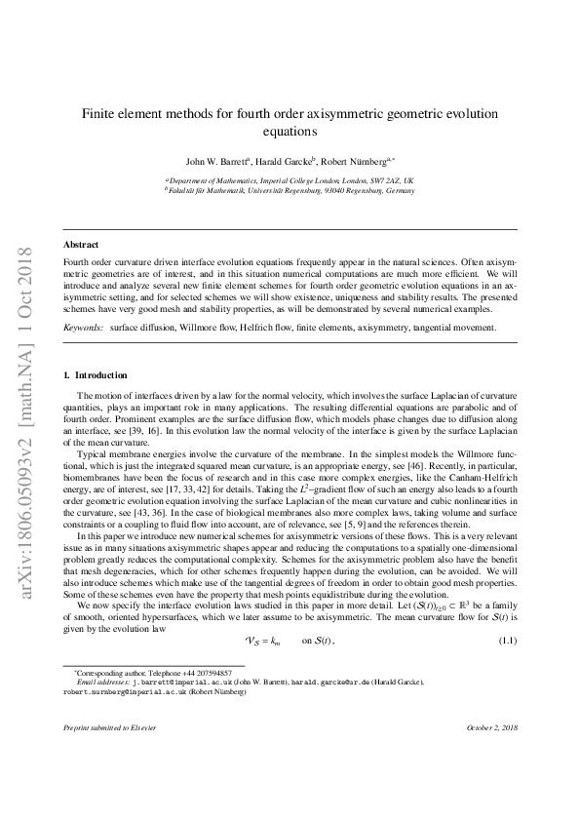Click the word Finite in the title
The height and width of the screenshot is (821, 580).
(97, 114)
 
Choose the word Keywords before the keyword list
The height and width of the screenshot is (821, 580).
(83, 329)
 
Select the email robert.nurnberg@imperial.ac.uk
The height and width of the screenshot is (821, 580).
(127, 691)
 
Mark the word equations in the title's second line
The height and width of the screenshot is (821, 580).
(290, 131)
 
